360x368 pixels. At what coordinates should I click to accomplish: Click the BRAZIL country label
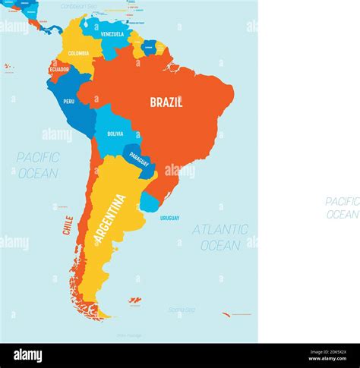[166, 102]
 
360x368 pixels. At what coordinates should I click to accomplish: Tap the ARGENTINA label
[110, 219]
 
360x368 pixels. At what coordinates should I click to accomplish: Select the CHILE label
[68, 225]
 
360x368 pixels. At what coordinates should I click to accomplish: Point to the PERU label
[69, 101]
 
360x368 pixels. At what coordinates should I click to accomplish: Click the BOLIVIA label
[115, 134]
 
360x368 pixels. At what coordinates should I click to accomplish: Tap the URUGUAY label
[169, 218]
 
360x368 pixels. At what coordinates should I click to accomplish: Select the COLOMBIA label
[78, 53]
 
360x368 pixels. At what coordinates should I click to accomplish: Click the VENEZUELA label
[112, 34]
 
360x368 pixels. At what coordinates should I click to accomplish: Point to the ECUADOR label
[59, 69]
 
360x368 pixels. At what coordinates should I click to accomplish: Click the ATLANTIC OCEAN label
[220, 237]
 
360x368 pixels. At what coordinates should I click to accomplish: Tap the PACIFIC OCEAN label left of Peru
[38, 165]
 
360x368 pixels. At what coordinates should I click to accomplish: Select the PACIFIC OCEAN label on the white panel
[343, 207]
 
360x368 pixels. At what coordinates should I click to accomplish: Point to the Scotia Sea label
[182, 309]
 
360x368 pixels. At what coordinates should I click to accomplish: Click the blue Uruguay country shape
[150, 203]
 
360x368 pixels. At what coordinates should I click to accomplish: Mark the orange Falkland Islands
[134, 301]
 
